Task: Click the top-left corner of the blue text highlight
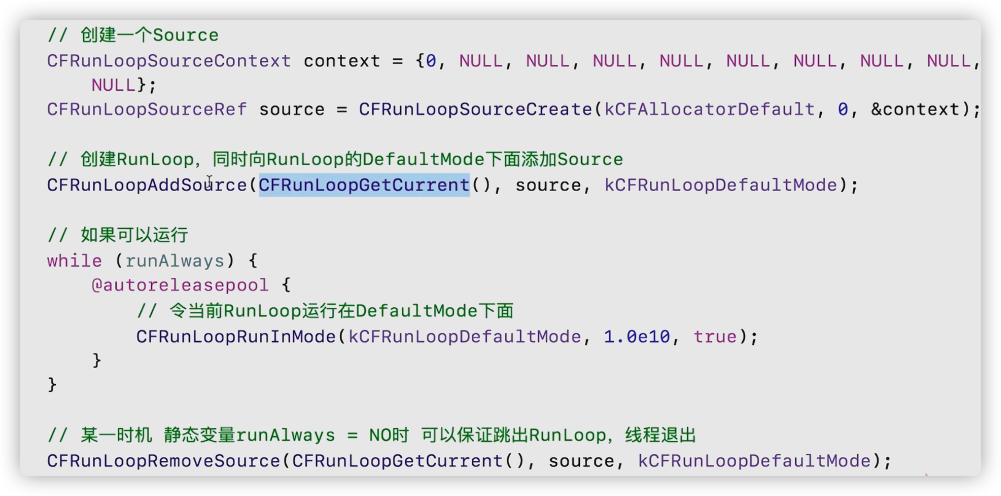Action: pyautogui.click(x=259, y=174)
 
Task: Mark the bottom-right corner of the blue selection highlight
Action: pyautogui.click(x=470, y=197)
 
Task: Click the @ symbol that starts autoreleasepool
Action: pyautogui.click(x=97, y=285)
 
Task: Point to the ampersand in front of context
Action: pyautogui.click(x=876, y=109)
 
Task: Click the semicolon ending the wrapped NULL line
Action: pyautogui.click(x=153, y=86)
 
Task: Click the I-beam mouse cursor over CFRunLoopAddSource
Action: pyautogui.click(x=209, y=181)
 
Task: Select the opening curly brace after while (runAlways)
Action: pyautogui.click(x=253, y=260)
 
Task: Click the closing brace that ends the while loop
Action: pyautogui.click(x=52, y=384)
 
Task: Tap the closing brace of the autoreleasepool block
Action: pyautogui.click(x=97, y=360)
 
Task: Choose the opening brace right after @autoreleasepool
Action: pyautogui.click(x=286, y=285)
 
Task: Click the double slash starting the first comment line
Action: pyautogui.click(x=57, y=35)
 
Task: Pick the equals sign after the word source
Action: pyautogui.click(x=342, y=109)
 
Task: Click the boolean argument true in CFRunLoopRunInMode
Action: pyautogui.click(x=715, y=336)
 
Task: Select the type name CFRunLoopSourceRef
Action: pyautogui.click(x=147, y=109)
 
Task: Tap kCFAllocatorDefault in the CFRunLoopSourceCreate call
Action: pyautogui.click(x=710, y=109)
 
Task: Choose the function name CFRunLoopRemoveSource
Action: pyautogui.click(x=163, y=460)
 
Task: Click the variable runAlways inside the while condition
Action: pyautogui.click(x=175, y=261)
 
